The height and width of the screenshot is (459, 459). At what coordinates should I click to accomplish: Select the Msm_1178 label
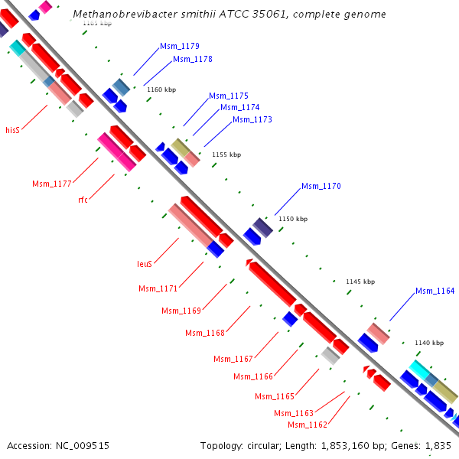193,59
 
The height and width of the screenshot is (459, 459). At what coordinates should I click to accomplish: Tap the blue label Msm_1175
229,96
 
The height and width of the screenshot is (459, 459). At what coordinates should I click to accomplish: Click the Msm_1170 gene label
321,186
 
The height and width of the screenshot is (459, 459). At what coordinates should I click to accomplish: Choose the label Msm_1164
435,291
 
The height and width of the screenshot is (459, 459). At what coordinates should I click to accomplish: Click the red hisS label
12,130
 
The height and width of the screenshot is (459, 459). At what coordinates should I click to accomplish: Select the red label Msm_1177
52,183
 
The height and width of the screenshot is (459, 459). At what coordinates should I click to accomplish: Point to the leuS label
145,264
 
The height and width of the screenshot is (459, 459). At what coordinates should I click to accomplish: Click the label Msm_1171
158,288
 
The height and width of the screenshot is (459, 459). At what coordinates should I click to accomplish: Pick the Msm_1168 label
205,333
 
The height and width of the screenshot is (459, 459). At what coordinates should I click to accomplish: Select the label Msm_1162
308,425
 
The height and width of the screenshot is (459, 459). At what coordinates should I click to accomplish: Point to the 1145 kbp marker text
360,282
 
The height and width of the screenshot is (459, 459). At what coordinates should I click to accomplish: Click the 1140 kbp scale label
428,343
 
